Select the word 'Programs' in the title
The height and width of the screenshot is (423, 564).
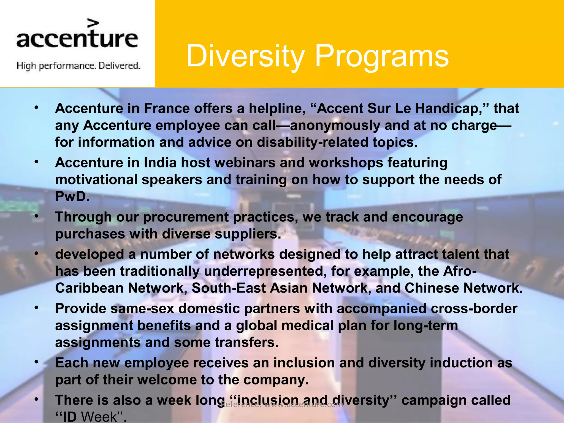pyautogui.click(x=381, y=56)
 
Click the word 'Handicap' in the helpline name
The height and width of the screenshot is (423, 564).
pyautogui.click(x=449, y=109)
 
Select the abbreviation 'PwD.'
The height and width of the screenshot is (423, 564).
pyautogui.click(x=72, y=197)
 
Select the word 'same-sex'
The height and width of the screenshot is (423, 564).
pyautogui.click(x=142, y=309)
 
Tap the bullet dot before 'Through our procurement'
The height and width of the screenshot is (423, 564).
pyautogui.click(x=36, y=217)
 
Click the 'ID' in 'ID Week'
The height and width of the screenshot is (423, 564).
pyautogui.click(x=70, y=417)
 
